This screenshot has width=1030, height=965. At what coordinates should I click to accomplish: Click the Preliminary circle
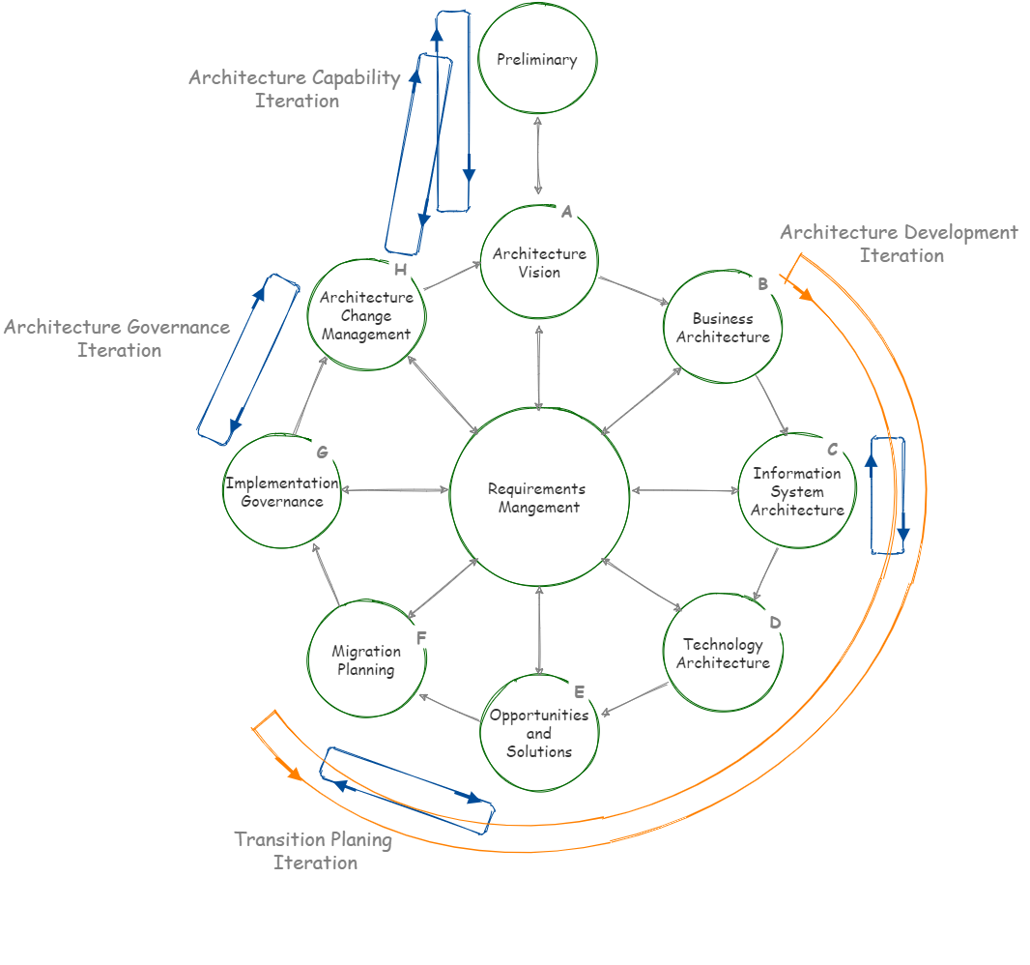point(538,59)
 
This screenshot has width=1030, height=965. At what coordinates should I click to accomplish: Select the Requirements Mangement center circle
point(539,497)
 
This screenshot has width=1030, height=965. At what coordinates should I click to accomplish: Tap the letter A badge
point(567,211)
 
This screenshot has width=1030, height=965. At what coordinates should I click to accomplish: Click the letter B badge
point(762,283)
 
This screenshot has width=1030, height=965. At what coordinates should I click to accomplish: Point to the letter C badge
point(832,449)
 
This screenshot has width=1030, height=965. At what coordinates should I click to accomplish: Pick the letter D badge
point(775,621)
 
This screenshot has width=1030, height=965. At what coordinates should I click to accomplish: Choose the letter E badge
point(578,690)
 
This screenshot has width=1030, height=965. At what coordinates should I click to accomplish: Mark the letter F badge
point(420,636)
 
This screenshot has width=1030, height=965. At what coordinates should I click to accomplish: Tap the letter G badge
point(323,451)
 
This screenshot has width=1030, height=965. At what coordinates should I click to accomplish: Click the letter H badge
point(399,268)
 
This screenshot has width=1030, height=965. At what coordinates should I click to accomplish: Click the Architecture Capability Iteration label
point(295,89)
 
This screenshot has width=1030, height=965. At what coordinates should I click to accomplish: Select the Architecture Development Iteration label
point(900,244)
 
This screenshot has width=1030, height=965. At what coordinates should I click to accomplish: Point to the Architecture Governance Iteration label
point(117,338)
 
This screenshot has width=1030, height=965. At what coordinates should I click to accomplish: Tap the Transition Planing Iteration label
point(314,850)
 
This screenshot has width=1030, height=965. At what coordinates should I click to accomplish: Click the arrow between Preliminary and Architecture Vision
point(538,155)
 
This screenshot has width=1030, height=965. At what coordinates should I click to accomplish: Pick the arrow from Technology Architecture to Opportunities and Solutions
point(635,699)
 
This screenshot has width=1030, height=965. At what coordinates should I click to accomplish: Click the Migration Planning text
point(366,660)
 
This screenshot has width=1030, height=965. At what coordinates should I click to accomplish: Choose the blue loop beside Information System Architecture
point(887,495)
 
